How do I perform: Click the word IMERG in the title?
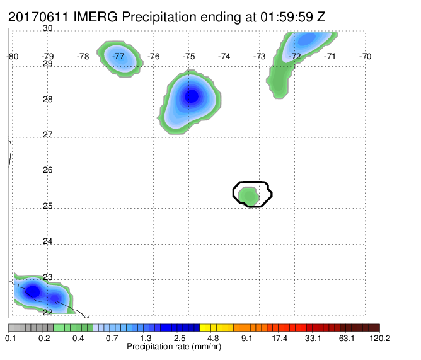(x=95, y=17)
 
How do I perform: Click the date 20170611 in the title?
(x=38, y=17)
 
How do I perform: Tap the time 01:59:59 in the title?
(x=287, y=17)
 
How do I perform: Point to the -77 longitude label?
(x=118, y=56)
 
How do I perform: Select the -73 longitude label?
(x=260, y=56)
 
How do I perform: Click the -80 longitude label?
(x=13, y=56)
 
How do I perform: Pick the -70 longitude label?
(x=365, y=56)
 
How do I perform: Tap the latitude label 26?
(x=48, y=170)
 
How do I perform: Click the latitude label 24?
(x=48, y=241)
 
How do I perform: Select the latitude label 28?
(x=48, y=100)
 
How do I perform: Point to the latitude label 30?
(x=48, y=28)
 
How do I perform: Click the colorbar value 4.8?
(x=212, y=338)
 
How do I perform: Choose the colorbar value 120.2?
(x=380, y=338)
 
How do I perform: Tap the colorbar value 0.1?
(x=11, y=338)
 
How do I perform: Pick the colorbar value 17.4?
(x=279, y=338)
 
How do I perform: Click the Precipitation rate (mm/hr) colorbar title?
(x=174, y=347)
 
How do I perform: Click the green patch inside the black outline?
(x=249, y=196)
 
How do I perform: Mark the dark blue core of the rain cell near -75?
(x=192, y=96)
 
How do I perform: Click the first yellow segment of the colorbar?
(x=202, y=327)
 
